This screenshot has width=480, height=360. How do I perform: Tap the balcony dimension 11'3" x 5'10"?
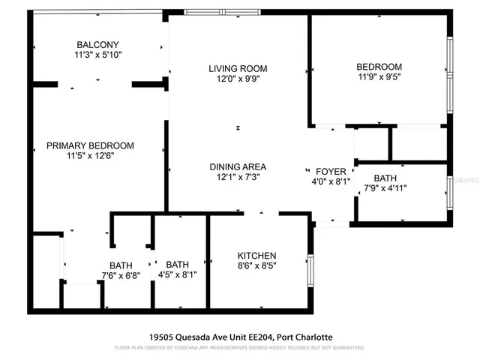click(x=98, y=55)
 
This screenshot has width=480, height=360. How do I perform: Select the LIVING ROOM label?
click(x=238, y=68)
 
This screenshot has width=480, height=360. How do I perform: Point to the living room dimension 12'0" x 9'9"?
click(x=238, y=79)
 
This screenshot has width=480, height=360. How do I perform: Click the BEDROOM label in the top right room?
click(x=379, y=66)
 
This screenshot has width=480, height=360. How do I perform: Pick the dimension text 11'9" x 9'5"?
click(x=379, y=76)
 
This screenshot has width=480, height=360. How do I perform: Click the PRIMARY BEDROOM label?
click(x=90, y=145)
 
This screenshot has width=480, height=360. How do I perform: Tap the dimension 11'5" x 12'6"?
click(x=90, y=156)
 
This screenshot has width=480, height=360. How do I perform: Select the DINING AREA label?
click(x=238, y=166)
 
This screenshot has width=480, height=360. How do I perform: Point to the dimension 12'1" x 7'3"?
click(x=238, y=177)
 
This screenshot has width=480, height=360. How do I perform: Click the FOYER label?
click(x=331, y=171)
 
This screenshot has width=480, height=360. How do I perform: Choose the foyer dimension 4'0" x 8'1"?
click(x=331, y=181)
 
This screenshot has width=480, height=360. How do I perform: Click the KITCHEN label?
click(x=257, y=256)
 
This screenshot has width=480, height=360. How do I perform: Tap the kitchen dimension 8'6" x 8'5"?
click(x=257, y=266)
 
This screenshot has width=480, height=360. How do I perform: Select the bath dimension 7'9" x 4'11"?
click(x=385, y=188)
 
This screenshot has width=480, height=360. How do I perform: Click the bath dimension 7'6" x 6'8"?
click(x=121, y=275)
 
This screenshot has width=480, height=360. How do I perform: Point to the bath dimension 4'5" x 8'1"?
click(x=178, y=275)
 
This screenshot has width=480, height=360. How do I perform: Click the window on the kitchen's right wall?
click(x=310, y=270)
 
